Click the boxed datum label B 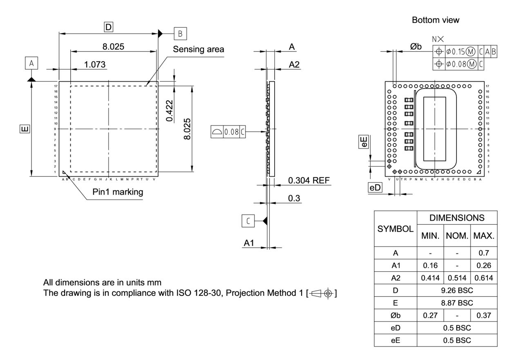click(180, 33)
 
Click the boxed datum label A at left click(31, 63)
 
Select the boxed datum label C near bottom click(248, 221)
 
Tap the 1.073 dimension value click(95, 65)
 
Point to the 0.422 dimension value click(170, 110)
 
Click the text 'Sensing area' click(198, 49)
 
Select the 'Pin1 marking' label click(118, 192)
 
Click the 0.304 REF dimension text click(308, 181)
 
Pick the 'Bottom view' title click(435, 20)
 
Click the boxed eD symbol click(375, 188)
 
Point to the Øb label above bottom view click(416, 47)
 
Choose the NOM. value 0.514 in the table click(457, 278)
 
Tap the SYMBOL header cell click(395, 229)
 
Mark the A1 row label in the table click(395, 265)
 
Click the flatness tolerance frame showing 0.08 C click(229, 132)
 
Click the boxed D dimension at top click(108, 27)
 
